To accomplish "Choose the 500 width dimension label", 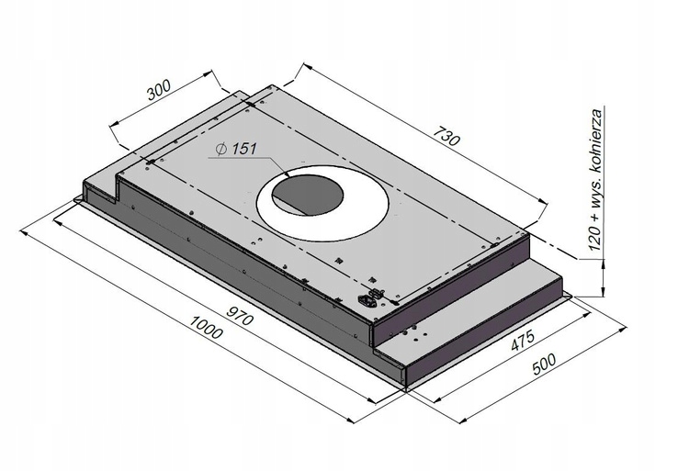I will point(548,368).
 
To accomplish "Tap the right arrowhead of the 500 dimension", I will point(624,325).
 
